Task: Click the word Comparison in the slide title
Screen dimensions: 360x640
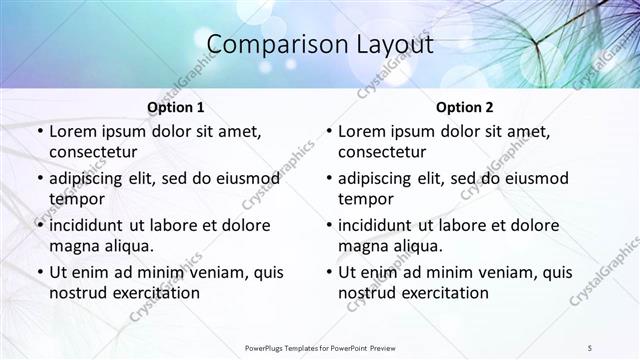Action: (262, 45)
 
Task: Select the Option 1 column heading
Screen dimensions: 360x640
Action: (176, 107)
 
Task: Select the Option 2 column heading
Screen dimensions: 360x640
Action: (465, 107)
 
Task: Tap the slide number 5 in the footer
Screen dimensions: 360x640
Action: (590, 346)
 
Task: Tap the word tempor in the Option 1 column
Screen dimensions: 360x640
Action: (77, 199)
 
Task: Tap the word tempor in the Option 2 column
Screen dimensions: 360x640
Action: (366, 199)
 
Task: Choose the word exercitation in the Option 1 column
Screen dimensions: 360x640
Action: (155, 293)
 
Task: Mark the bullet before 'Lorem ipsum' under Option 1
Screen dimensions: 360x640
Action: (39, 131)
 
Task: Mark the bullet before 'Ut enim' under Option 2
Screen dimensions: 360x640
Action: (328, 272)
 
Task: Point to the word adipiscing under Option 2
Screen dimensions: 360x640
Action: (378, 178)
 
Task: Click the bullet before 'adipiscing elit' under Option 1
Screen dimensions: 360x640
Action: (39, 178)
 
